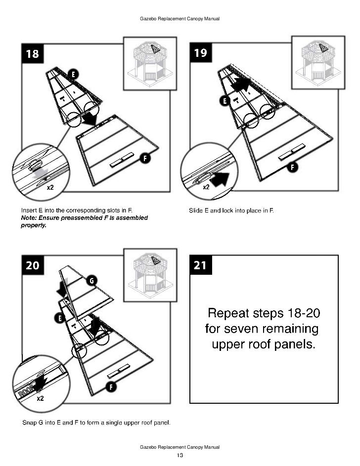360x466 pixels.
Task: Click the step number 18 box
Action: point(32,53)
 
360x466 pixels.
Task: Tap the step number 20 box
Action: point(32,265)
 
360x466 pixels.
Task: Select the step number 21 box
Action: point(200,265)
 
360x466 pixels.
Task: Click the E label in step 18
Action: point(72,74)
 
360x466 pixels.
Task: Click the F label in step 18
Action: point(145,158)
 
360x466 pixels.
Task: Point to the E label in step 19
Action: point(225,101)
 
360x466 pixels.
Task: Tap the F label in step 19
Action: point(293,167)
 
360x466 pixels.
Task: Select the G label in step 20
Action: point(91,281)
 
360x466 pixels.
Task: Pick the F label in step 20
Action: point(113,386)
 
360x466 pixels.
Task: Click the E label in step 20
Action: point(60,318)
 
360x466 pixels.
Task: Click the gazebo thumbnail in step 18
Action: point(147,63)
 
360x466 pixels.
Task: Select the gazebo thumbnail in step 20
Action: point(147,275)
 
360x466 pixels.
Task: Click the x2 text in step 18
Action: point(50,188)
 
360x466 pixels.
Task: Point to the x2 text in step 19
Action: point(206,188)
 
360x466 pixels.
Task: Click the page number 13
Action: point(180,455)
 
